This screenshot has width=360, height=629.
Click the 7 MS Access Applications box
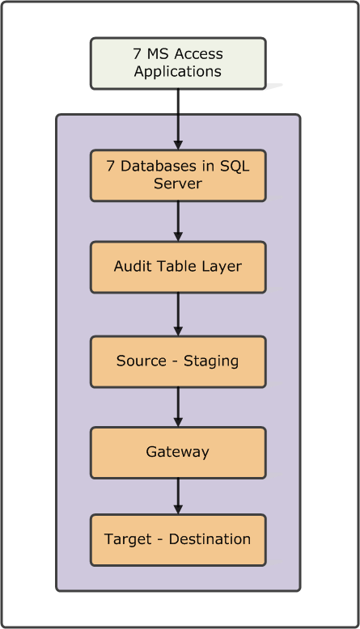[x=178, y=62]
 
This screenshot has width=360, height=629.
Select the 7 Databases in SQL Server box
[x=178, y=175]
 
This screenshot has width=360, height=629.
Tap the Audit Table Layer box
[x=178, y=267]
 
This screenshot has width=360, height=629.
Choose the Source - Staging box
[x=178, y=361]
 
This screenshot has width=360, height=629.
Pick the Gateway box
[x=178, y=452]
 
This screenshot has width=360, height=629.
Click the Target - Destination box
[x=178, y=539]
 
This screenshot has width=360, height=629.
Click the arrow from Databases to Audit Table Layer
[x=178, y=220]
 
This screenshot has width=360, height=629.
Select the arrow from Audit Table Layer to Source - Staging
[x=178, y=314]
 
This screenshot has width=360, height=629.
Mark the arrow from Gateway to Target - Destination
[x=178, y=495]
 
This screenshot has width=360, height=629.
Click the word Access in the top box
[x=197, y=54]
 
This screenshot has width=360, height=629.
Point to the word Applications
[x=178, y=71]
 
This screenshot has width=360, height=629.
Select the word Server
[x=178, y=184]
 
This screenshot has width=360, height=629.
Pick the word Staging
[x=210, y=361]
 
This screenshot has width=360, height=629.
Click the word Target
[x=126, y=539]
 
